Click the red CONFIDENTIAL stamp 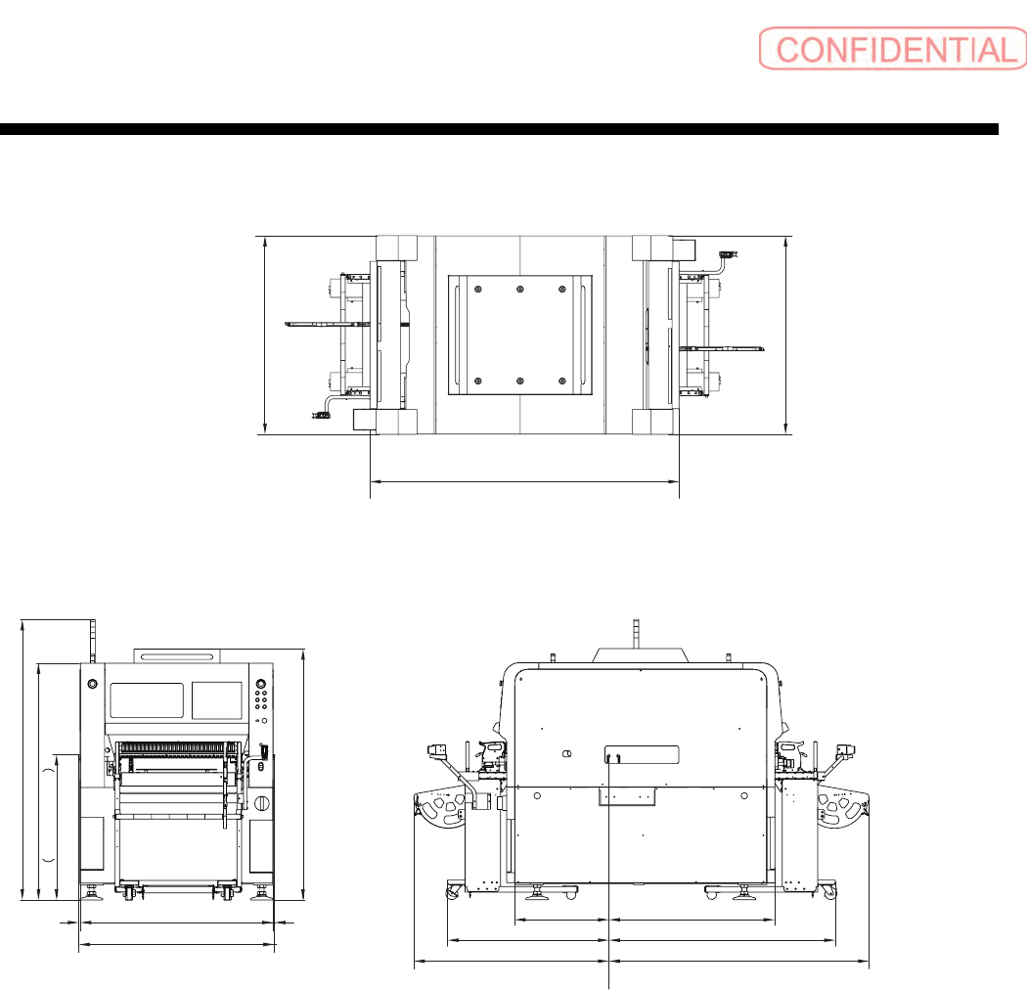tap(893, 49)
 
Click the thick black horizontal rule tap(499, 129)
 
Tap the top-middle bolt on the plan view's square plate tap(520, 290)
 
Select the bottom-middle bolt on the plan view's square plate tap(520, 381)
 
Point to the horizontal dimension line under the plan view tap(524, 481)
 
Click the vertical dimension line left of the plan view tap(265, 335)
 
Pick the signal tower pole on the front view tap(93, 641)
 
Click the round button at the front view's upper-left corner tap(93, 684)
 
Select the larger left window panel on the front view tap(147, 700)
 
